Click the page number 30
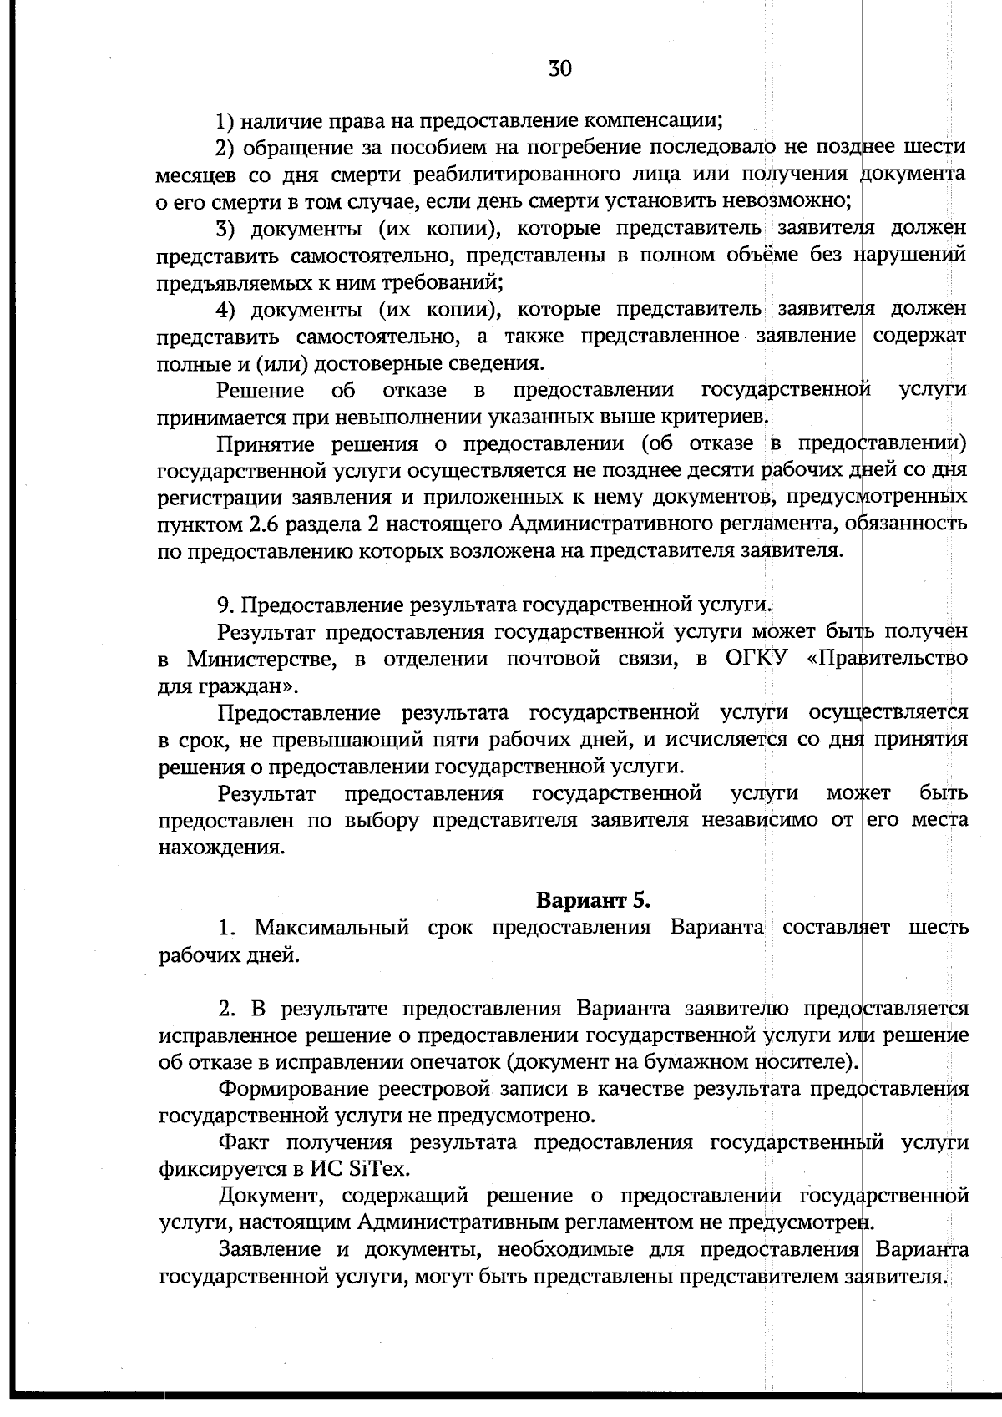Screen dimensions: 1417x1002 [x=559, y=68]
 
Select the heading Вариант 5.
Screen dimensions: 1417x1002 [x=592, y=900]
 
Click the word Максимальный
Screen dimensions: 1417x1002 [x=331, y=928]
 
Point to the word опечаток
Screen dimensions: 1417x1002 [x=457, y=1063]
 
